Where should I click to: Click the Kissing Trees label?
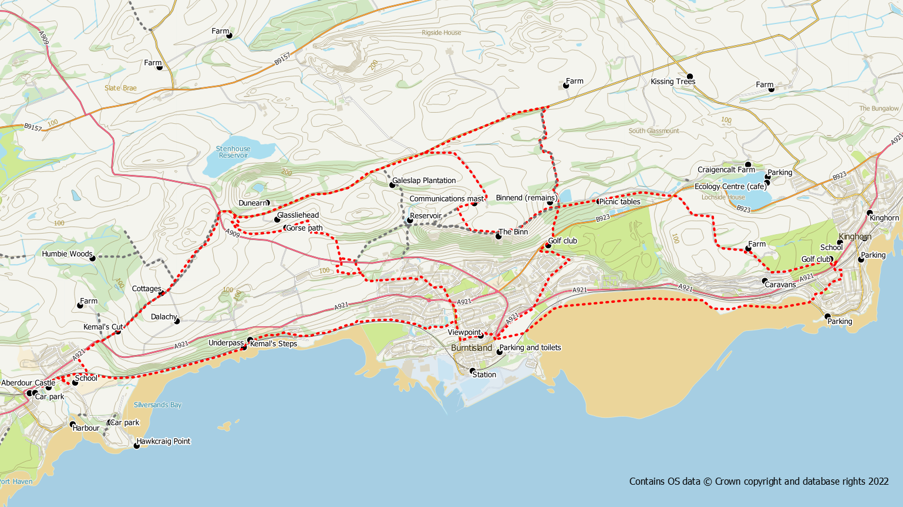click(x=672, y=82)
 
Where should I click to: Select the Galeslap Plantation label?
click(x=423, y=181)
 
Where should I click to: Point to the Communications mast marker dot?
click(x=474, y=203)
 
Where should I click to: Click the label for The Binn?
click(x=513, y=232)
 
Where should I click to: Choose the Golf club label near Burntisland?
click(x=562, y=241)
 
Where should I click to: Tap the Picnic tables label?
click(x=619, y=202)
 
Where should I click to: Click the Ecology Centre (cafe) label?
click(x=730, y=187)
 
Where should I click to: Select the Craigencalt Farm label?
click(x=726, y=170)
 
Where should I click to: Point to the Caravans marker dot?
click(x=765, y=281)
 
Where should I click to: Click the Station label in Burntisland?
click(x=484, y=374)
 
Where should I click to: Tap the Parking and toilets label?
click(x=530, y=347)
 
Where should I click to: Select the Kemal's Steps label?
click(x=274, y=344)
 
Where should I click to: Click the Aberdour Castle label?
click(x=28, y=383)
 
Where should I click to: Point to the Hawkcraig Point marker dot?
click(x=137, y=446)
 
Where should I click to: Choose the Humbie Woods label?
click(x=67, y=254)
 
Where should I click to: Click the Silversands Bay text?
click(x=157, y=405)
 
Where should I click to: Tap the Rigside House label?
click(x=442, y=33)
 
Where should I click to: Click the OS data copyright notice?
click(x=759, y=481)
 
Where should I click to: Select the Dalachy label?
click(x=164, y=317)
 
